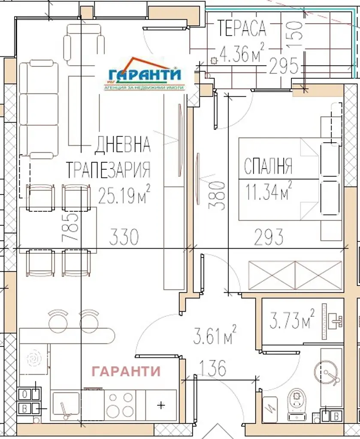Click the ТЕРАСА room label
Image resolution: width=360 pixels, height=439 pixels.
242,28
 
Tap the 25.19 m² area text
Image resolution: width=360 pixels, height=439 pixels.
124,194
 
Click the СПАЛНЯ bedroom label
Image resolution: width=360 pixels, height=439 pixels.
268,166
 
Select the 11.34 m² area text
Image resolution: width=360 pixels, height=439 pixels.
268,191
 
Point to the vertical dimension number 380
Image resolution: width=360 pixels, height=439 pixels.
217,195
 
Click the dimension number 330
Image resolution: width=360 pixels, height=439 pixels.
124,237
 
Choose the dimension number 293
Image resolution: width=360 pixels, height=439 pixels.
269,237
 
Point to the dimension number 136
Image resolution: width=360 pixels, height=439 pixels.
213,368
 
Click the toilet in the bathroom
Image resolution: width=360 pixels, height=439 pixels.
296,404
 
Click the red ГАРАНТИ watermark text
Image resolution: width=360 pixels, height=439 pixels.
126,371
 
